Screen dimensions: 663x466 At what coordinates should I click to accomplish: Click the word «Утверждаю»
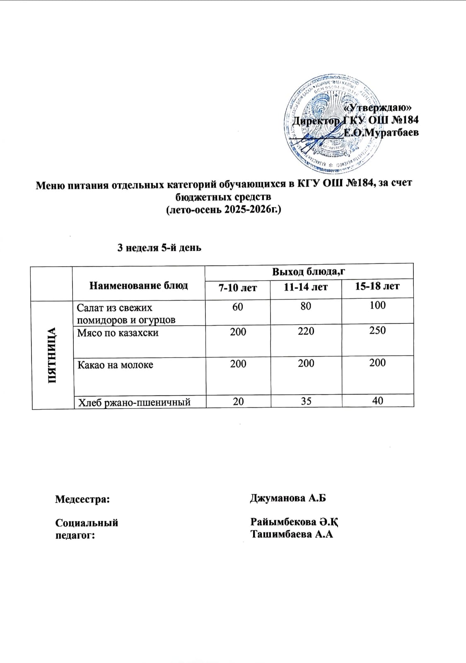pos(377,107)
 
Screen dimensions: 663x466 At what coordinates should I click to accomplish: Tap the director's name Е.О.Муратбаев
pos(381,133)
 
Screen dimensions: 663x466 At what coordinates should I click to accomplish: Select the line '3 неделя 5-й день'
pos(159,248)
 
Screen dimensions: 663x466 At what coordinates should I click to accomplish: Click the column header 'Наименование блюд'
pos(139,285)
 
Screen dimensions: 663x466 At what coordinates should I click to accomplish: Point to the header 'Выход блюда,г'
pos(309,271)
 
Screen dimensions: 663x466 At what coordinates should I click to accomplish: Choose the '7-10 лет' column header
pos(238,287)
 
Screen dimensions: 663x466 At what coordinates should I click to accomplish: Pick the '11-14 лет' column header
pos(306,287)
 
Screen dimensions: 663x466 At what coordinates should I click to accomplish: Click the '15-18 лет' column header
pos(377,286)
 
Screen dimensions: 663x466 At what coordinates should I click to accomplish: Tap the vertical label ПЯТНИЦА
pos(52,355)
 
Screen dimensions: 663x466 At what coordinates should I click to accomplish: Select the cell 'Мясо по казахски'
pos(118,333)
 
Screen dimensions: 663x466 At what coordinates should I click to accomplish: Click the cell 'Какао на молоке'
pos(115,365)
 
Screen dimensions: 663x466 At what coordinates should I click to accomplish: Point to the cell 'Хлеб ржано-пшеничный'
pos(134,402)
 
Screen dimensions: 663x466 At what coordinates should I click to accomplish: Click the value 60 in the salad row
pos(238,307)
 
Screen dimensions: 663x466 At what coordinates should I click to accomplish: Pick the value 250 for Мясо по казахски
pos(377,330)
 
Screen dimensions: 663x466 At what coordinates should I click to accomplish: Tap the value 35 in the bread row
pos(306,401)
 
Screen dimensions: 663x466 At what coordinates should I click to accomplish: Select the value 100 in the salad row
pos(377,305)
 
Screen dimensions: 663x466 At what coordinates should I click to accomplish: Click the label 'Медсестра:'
pos(83,499)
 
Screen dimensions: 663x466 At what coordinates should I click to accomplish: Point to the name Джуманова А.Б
pos(288,498)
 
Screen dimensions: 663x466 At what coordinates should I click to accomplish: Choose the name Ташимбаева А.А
pos(292,534)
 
